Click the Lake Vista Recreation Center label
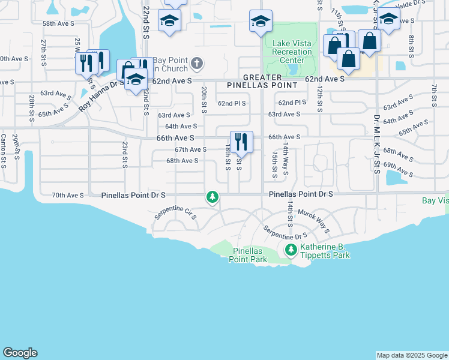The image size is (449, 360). (292, 52)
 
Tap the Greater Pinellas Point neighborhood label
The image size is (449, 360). (262, 82)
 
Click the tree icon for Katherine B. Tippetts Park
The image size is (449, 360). (291, 249)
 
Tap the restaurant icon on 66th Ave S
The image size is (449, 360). (241, 142)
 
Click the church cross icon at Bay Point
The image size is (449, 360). (196, 63)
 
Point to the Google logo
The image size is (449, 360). (20, 353)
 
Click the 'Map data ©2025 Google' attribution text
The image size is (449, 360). (412, 355)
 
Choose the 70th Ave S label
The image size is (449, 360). (67, 195)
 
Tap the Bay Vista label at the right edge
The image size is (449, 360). (435, 200)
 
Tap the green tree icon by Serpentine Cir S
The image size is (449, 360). (212, 197)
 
